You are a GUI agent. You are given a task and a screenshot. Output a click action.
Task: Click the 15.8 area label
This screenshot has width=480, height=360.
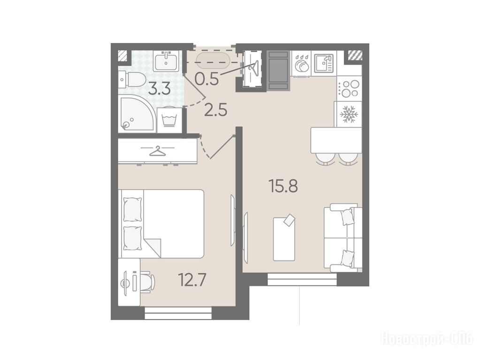(283, 186)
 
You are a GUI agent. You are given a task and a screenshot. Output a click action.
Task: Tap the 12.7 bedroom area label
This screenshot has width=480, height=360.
(192, 279)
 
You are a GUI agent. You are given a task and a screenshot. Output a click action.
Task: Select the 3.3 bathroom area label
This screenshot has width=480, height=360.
(159, 89)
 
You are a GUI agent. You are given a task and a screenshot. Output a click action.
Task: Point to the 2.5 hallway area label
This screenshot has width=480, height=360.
(216, 110)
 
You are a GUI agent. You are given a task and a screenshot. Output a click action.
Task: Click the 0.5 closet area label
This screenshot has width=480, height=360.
(207, 79)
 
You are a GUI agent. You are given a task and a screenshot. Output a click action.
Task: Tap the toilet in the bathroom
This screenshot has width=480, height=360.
(132, 79)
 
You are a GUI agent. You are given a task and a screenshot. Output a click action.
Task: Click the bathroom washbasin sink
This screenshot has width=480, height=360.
(166, 61)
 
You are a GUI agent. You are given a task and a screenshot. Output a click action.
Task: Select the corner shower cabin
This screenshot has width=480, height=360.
(137, 113)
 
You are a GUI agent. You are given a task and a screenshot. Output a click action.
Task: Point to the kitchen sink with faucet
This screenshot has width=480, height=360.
(324, 63)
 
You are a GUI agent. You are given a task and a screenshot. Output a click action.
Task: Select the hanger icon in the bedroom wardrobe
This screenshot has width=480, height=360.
(157, 151)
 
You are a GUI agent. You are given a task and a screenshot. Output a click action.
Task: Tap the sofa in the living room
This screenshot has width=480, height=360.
(343, 238)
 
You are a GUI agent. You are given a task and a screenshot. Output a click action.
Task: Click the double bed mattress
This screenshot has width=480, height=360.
(174, 224)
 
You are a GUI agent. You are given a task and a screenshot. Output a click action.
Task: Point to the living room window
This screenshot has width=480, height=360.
(303, 279)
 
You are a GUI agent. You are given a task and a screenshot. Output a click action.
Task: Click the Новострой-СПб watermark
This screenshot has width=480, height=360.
(427, 338)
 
